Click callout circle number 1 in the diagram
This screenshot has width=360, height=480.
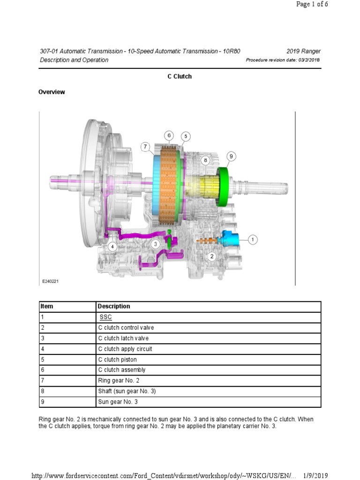click(252, 240)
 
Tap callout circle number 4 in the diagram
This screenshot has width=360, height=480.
click(112, 247)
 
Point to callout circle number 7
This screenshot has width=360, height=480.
click(146, 146)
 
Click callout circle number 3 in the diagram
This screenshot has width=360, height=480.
click(155, 244)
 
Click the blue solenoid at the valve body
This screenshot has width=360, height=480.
click(232, 239)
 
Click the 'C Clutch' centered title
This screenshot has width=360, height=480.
click(180, 76)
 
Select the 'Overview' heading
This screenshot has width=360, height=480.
click(52, 92)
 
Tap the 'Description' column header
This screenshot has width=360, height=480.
click(114, 307)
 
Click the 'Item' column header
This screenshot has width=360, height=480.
click(47, 307)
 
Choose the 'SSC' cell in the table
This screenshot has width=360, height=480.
click(105, 317)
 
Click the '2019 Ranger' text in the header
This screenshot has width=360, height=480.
click(303, 51)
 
